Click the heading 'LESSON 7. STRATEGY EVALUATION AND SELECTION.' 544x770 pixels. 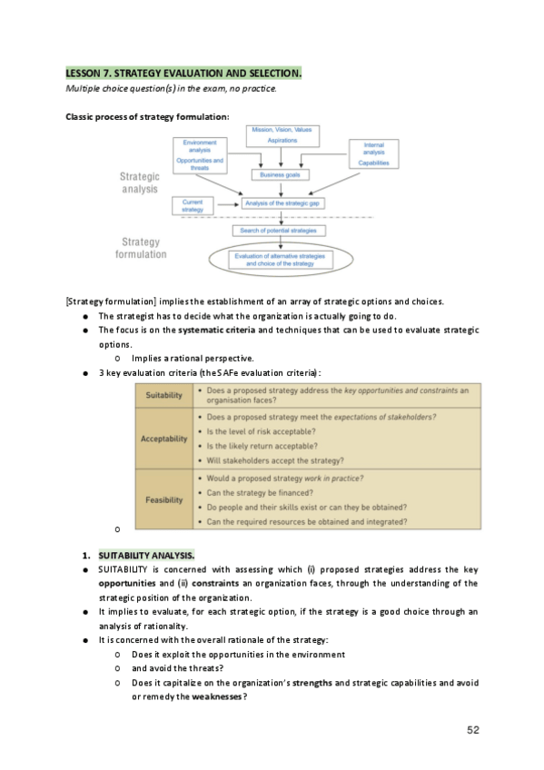coord(183,72)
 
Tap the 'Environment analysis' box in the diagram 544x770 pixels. coord(203,153)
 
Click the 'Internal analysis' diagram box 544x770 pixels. coord(373,153)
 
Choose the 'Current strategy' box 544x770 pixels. coord(192,205)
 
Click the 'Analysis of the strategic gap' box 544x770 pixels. coord(283,203)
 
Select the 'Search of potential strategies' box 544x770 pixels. coord(280,231)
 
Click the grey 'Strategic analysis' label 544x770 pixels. coord(140,183)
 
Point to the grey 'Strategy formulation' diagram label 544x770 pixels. coord(141,248)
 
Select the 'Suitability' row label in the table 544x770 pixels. coord(163,395)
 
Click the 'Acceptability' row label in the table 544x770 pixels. coord(163,439)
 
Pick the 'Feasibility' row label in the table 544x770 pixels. coord(163,499)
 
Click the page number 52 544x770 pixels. coord(473,729)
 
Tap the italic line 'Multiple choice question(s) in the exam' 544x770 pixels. coord(171,88)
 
